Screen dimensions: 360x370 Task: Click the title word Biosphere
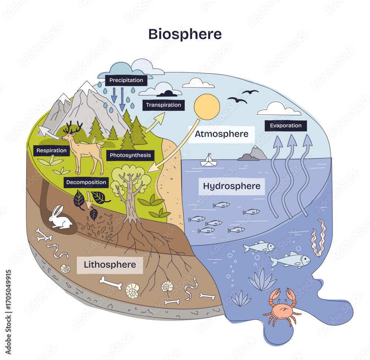185,34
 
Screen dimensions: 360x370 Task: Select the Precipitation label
126,80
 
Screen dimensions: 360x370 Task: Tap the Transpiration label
163,105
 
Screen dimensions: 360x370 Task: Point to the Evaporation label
286,126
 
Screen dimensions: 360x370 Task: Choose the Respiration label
51,150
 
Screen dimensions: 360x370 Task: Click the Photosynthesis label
130,155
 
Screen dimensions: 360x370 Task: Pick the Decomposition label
86,182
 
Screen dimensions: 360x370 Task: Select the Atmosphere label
221,134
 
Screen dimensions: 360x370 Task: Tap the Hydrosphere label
232,186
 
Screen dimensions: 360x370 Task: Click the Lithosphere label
110,265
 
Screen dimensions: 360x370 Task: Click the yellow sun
207,107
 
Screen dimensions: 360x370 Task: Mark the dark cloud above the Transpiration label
169,93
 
